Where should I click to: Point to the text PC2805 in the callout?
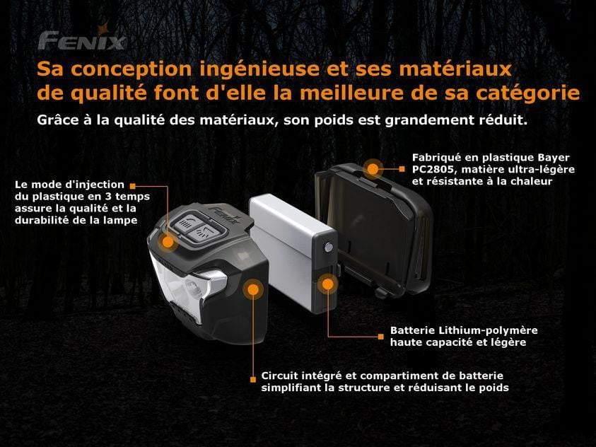(x=433, y=169)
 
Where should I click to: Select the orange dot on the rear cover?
(x=373, y=169)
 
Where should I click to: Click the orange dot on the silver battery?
(x=327, y=284)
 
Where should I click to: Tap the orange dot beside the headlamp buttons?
(x=168, y=241)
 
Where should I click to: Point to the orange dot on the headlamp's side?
(x=253, y=290)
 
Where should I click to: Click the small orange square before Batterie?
(x=381, y=337)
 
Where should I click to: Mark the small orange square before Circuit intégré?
(x=253, y=379)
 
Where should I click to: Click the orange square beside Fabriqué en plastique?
(x=402, y=169)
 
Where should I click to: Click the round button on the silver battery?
(x=328, y=248)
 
